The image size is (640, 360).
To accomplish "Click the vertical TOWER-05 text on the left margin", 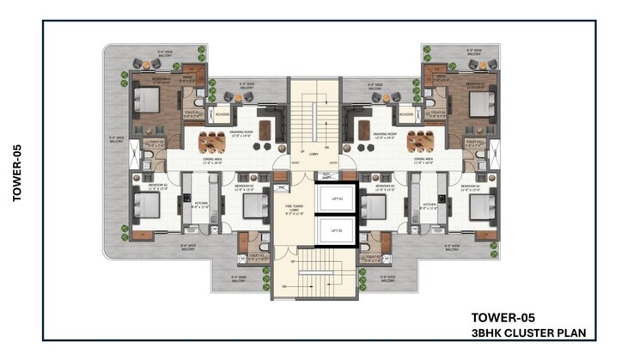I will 16,173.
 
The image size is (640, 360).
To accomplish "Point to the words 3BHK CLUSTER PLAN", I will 533,331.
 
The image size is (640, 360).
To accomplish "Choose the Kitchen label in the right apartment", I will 427,204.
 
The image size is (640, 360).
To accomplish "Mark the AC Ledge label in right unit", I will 407,113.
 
